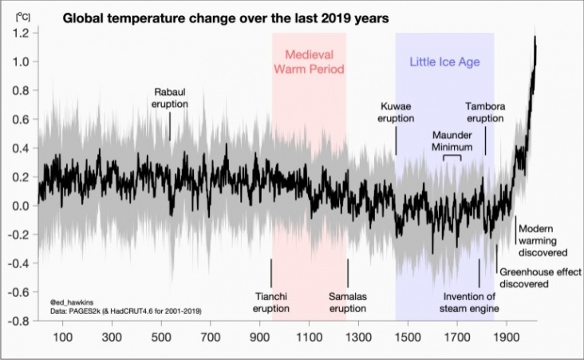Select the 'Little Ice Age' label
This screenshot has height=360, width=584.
pos(444,60)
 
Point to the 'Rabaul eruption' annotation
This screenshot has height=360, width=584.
pos(171,97)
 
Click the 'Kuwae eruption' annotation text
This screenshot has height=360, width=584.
pos(396,112)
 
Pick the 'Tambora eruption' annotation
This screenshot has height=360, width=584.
pos(485,112)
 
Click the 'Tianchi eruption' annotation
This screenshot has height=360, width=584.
pos(271,302)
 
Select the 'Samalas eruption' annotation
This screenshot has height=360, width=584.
pos(347,302)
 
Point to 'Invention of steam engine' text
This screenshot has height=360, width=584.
pos(471,302)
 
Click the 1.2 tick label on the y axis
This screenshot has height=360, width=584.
pos(22,33)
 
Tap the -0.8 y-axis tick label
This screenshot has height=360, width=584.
pos(19,321)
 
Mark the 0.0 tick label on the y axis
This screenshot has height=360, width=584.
pos(22,206)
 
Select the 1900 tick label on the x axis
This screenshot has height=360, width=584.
pos(507,338)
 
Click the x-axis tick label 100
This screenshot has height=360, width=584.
pos(61,338)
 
